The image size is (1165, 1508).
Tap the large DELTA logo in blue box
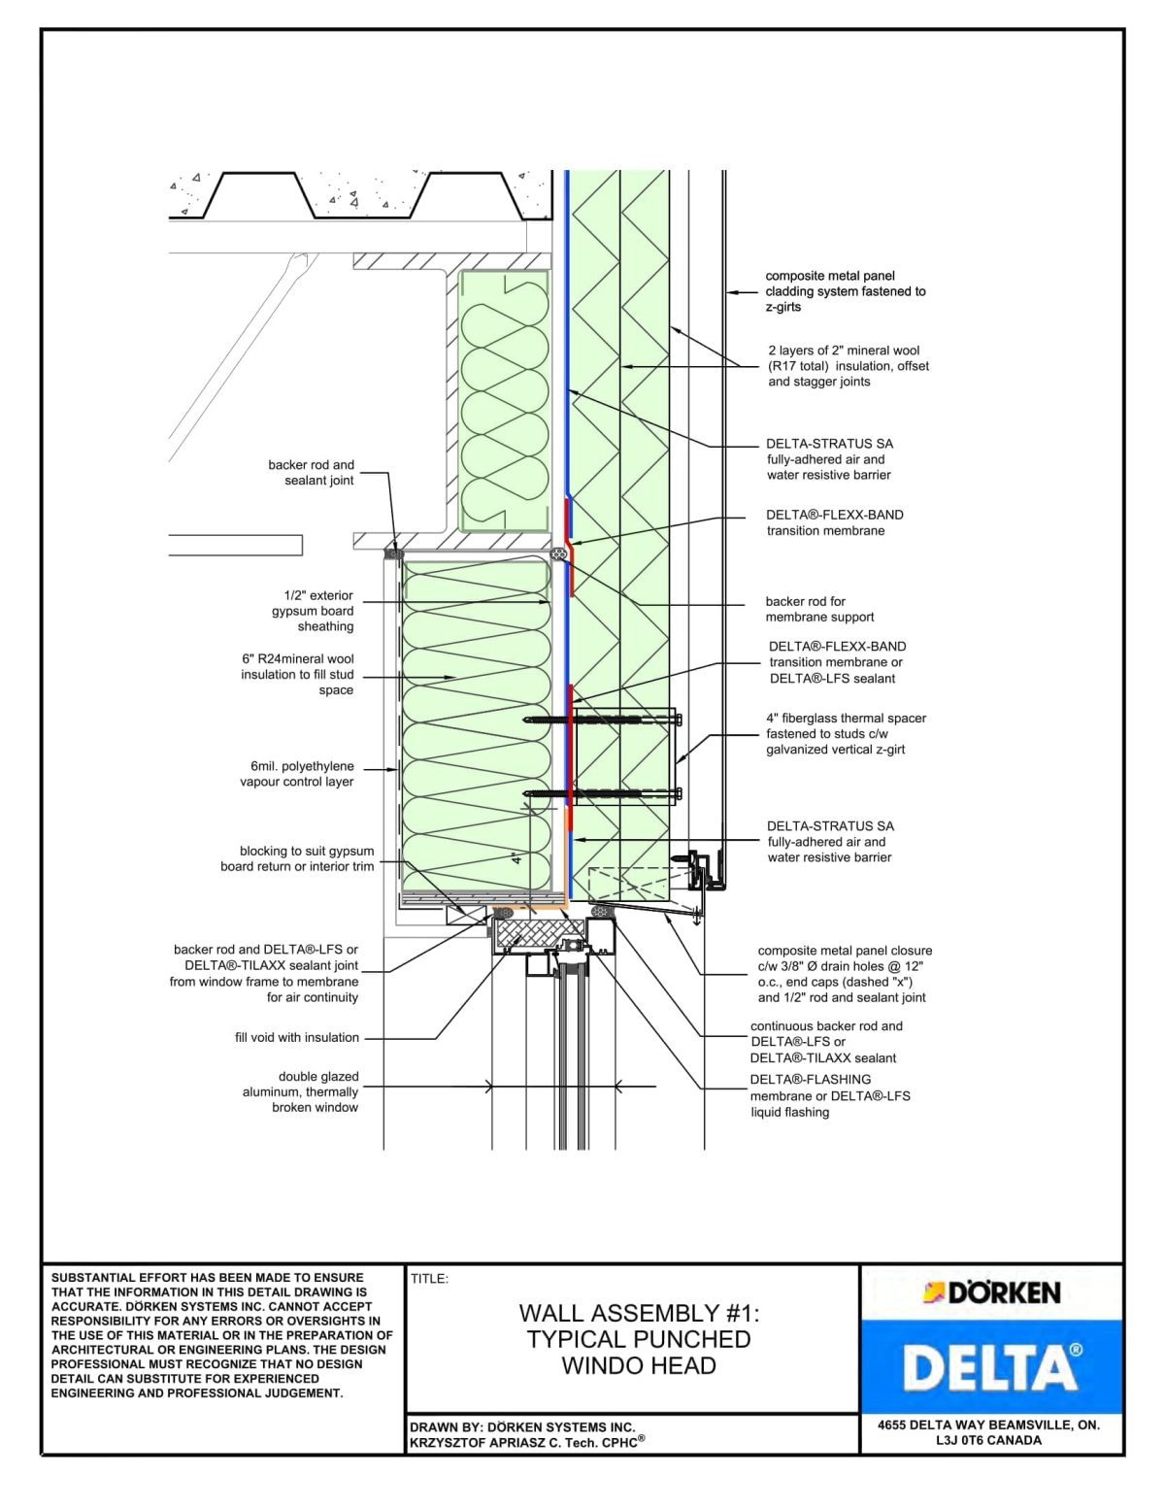[991, 1367]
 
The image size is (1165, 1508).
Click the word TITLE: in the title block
[429, 1279]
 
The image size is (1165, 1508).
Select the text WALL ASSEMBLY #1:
[638, 1313]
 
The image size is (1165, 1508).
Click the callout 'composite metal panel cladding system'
[845, 291]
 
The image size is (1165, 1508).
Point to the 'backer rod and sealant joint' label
[311, 472]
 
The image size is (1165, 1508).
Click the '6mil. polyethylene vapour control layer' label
[297, 774]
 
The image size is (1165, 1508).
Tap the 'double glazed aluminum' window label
[301, 1091]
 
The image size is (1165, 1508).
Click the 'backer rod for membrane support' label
[818, 609]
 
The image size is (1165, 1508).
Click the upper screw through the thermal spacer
[602, 720]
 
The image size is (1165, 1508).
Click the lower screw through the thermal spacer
[602, 793]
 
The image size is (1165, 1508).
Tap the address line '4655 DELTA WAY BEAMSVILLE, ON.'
[988, 1425]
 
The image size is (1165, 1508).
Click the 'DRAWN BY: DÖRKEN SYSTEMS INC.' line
[522, 1427]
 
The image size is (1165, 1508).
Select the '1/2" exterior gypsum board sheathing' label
[313, 611]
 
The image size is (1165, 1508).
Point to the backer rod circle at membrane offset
[557, 553]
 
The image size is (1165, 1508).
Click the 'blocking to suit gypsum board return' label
[297, 858]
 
